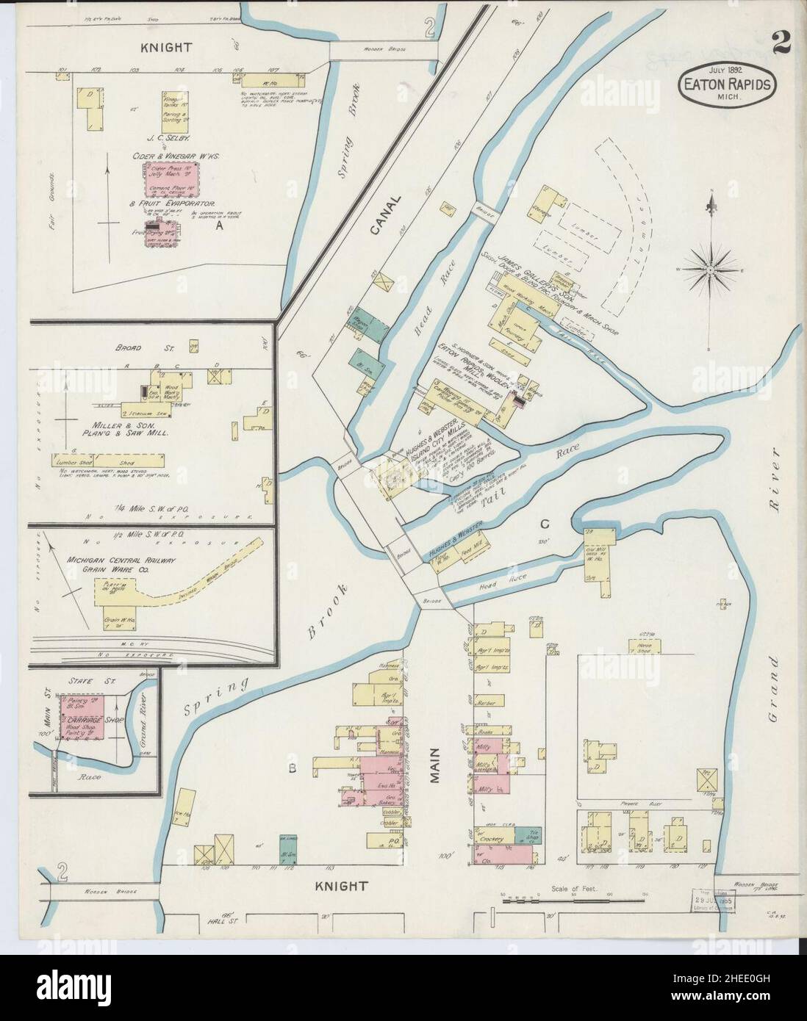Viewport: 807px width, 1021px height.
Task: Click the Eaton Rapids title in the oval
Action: (x=725, y=84)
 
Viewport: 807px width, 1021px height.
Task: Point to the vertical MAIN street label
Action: (x=435, y=765)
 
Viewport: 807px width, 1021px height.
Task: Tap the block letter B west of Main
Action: (x=291, y=769)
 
